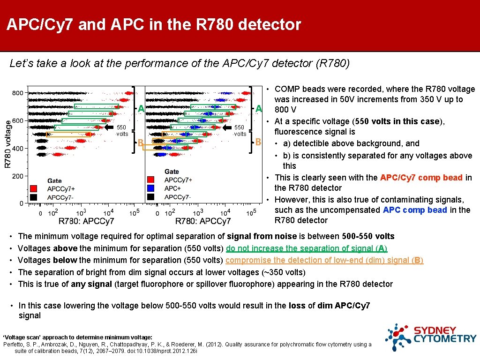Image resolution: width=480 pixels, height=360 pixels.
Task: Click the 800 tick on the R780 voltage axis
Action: click(18, 93)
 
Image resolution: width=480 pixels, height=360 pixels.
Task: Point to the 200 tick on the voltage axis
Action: click(18, 176)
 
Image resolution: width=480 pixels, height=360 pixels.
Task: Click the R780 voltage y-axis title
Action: click(7, 143)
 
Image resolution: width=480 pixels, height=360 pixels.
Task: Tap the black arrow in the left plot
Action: click(109, 127)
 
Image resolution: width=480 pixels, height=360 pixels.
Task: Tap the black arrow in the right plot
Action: click(226, 127)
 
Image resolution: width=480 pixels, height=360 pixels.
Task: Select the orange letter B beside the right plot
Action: click(257, 142)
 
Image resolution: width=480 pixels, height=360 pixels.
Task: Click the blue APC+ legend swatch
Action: click(150, 188)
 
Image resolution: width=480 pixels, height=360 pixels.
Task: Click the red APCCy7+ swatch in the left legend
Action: click(33, 189)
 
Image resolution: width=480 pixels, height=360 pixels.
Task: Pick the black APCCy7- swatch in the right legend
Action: click(150, 196)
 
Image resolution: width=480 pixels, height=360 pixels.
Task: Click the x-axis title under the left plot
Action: click(86, 221)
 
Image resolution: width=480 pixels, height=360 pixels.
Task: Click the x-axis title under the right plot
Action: click(203, 221)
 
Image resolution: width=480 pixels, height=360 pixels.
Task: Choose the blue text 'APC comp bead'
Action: click(415, 210)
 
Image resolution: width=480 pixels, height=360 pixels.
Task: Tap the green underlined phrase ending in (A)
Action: click(307, 248)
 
